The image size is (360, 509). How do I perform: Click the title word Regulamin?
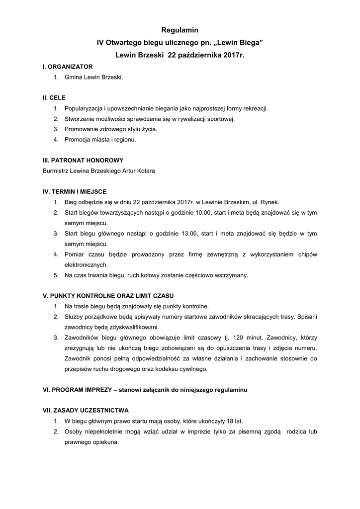tap(180, 31)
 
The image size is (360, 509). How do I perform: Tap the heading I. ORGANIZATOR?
tap(68, 66)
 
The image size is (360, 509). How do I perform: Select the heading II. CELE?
tap(54, 97)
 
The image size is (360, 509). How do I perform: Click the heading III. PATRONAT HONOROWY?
tap(83, 160)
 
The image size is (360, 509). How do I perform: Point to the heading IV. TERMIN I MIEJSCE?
tap(75, 191)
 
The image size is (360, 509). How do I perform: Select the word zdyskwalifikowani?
tap(134, 327)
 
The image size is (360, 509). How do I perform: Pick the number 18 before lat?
tap(230, 421)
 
